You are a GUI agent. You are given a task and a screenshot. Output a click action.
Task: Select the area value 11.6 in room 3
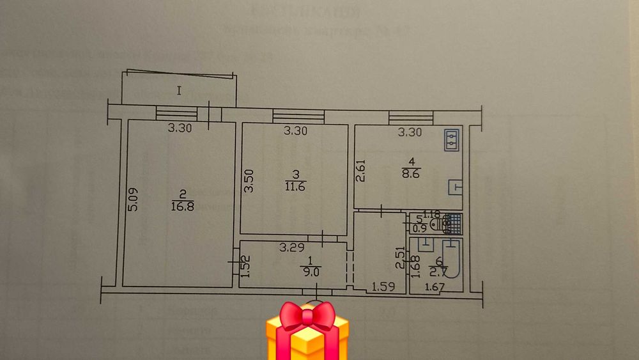(x=295, y=185)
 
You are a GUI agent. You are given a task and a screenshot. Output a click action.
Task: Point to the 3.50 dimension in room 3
(x=250, y=180)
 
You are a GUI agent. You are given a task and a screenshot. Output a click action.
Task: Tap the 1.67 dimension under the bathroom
(x=434, y=288)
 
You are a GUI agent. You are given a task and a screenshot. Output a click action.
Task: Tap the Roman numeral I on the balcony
(x=180, y=91)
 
